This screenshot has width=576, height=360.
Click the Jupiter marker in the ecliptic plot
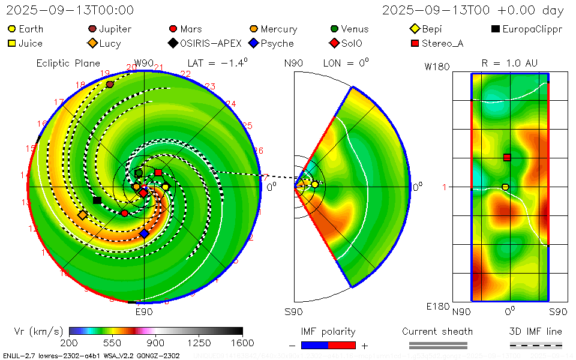tap(110, 84)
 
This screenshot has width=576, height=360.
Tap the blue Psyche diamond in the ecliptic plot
tap(144, 233)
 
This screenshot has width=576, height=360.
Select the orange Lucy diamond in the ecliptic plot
tap(83, 215)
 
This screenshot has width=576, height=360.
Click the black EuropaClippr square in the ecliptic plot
tap(97, 200)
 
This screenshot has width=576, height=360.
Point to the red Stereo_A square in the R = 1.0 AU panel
tap(507, 158)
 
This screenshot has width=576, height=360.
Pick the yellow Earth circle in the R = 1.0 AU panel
tap(505, 187)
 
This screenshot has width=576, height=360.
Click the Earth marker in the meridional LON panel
tap(314, 184)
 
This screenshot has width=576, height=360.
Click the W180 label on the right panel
tap(437, 67)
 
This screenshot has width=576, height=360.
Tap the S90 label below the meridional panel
tap(293, 311)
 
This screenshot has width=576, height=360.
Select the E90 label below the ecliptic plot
tap(144, 311)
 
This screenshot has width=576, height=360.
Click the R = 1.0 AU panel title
tap(509, 63)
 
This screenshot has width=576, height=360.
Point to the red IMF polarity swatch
tap(342, 345)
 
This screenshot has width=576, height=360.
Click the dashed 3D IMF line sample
tap(536, 345)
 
